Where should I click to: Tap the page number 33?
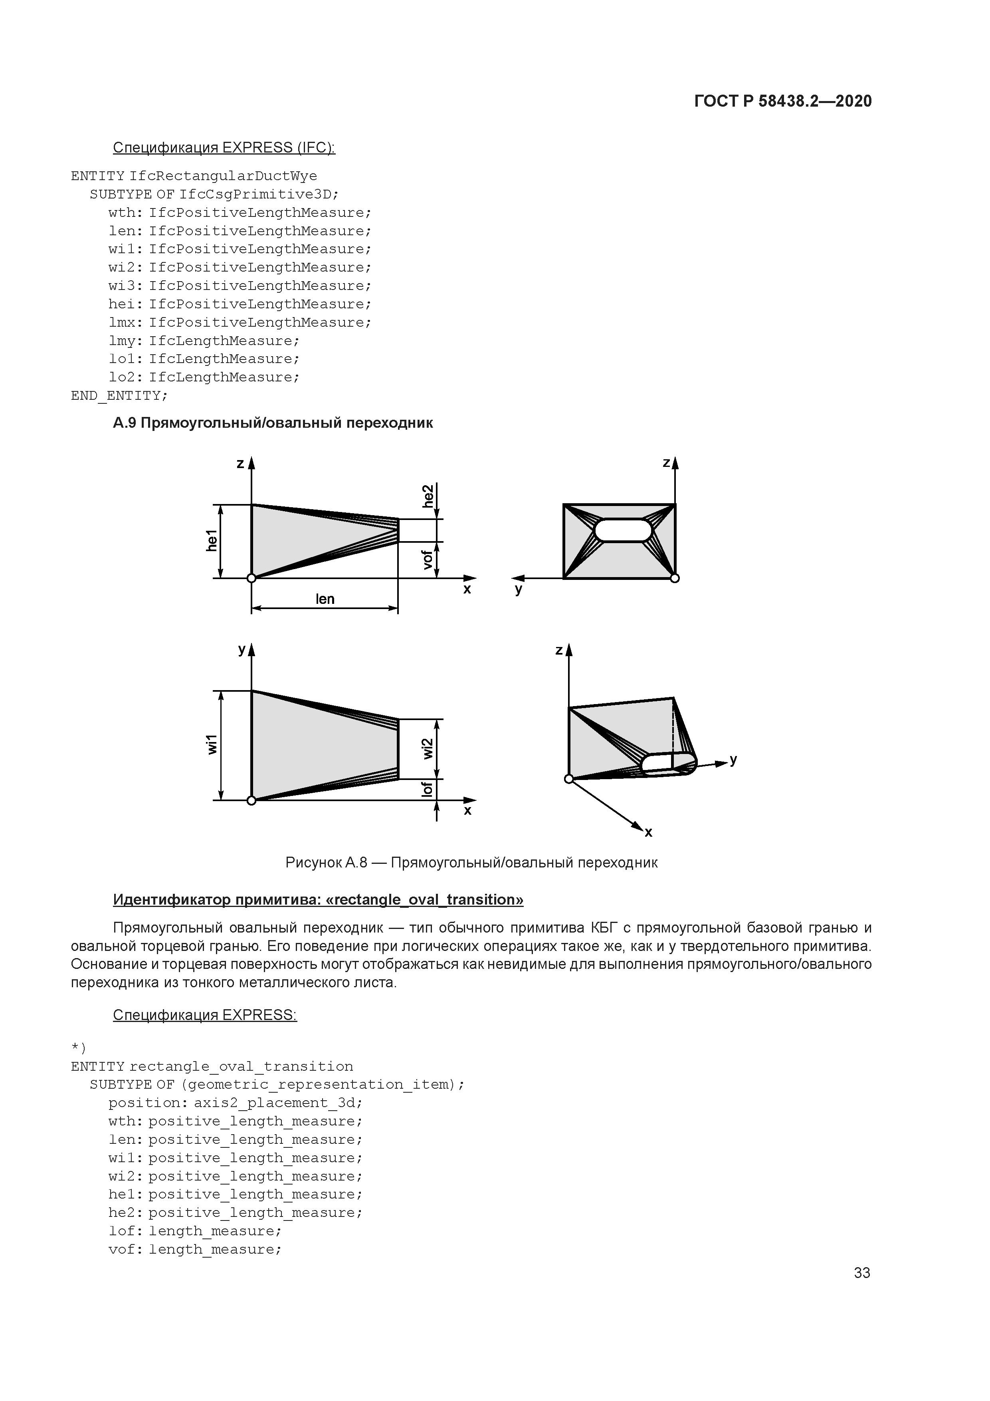[862, 1273]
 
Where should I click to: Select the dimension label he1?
[212, 541]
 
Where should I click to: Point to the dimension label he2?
[428, 496]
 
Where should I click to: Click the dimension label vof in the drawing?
[428, 560]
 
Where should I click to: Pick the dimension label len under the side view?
[325, 599]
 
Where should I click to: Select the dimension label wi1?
[212, 745]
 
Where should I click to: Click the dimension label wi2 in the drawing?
[428, 749]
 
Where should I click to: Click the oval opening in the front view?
[623, 530]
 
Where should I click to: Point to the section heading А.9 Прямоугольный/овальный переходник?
[273, 423]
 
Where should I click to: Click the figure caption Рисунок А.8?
[471, 862]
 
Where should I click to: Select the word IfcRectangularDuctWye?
[223, 177]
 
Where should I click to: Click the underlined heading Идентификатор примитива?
[318, 899]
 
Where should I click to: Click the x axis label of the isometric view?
[648, 832]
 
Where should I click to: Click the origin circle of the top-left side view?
[251, 578]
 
